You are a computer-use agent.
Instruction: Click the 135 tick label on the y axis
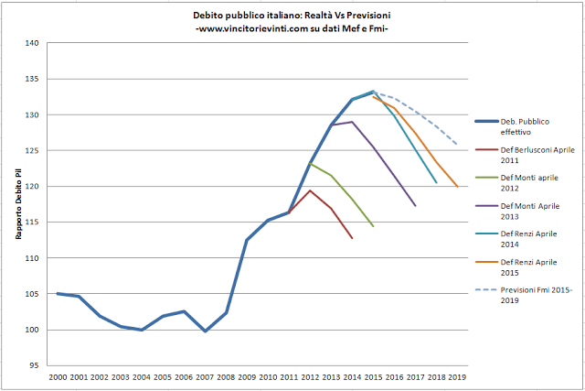point(33,79)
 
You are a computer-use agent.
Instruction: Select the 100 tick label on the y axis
point(33,330)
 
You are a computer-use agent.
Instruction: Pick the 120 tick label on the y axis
point(33,187)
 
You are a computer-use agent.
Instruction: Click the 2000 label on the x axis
point(58,375)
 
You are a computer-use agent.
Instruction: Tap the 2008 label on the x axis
point(226,375)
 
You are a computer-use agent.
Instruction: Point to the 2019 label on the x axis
point(457,375)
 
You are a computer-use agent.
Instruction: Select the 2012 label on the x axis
point(310,375)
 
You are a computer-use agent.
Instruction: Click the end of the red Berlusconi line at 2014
point(352,238)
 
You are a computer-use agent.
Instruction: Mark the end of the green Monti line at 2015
point(373,226)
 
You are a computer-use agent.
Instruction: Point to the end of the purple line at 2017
point(415,206)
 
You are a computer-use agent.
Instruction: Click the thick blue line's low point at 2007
point(205,331)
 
